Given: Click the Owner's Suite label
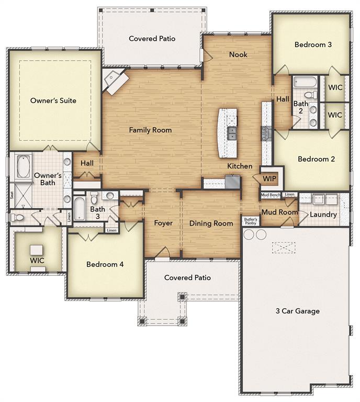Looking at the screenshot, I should point(53,100).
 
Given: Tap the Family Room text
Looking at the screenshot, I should point(150,130).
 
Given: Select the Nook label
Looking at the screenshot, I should point(238,54).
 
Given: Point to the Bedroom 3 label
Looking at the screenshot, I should point(313,44).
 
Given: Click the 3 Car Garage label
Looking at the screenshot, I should point(297,311).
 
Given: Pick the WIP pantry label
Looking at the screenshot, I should point(269,178).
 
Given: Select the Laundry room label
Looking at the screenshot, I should point(323,215).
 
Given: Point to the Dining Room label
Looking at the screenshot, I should point(211,224).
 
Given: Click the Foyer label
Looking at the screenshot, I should point(163,224).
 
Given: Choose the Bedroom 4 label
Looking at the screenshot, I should point(105,264).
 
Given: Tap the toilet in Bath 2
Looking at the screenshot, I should point(309,95).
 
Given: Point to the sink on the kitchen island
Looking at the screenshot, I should point(232,133).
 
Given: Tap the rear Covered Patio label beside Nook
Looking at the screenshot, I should point(152,38).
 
